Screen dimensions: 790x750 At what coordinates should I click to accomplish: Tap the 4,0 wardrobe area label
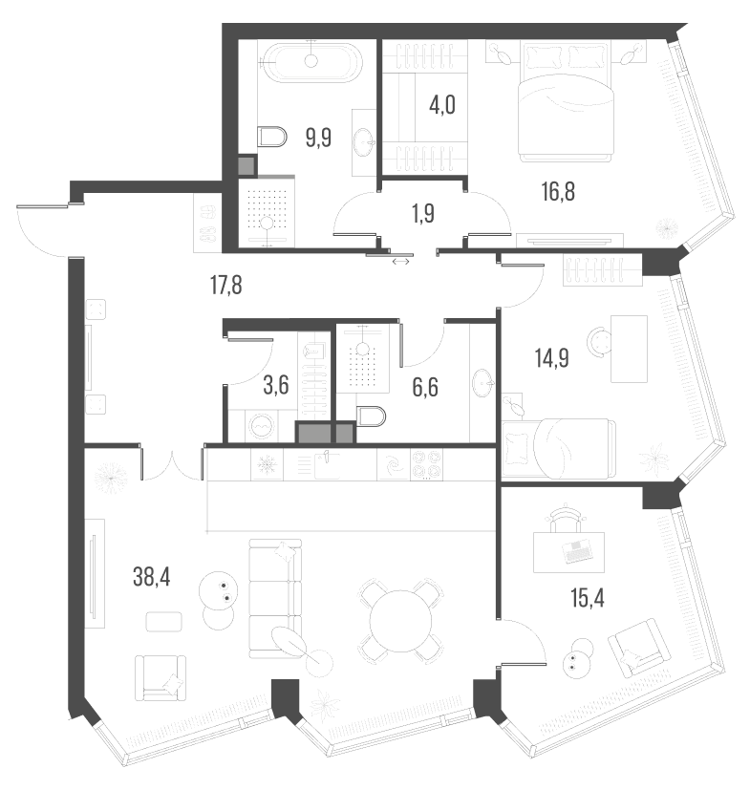441,104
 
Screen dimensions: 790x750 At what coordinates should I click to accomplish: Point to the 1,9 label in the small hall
422,213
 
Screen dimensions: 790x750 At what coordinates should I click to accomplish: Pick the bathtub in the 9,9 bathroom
311,62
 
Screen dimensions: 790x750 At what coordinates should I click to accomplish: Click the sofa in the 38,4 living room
274,597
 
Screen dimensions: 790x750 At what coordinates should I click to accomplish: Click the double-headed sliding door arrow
400,261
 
